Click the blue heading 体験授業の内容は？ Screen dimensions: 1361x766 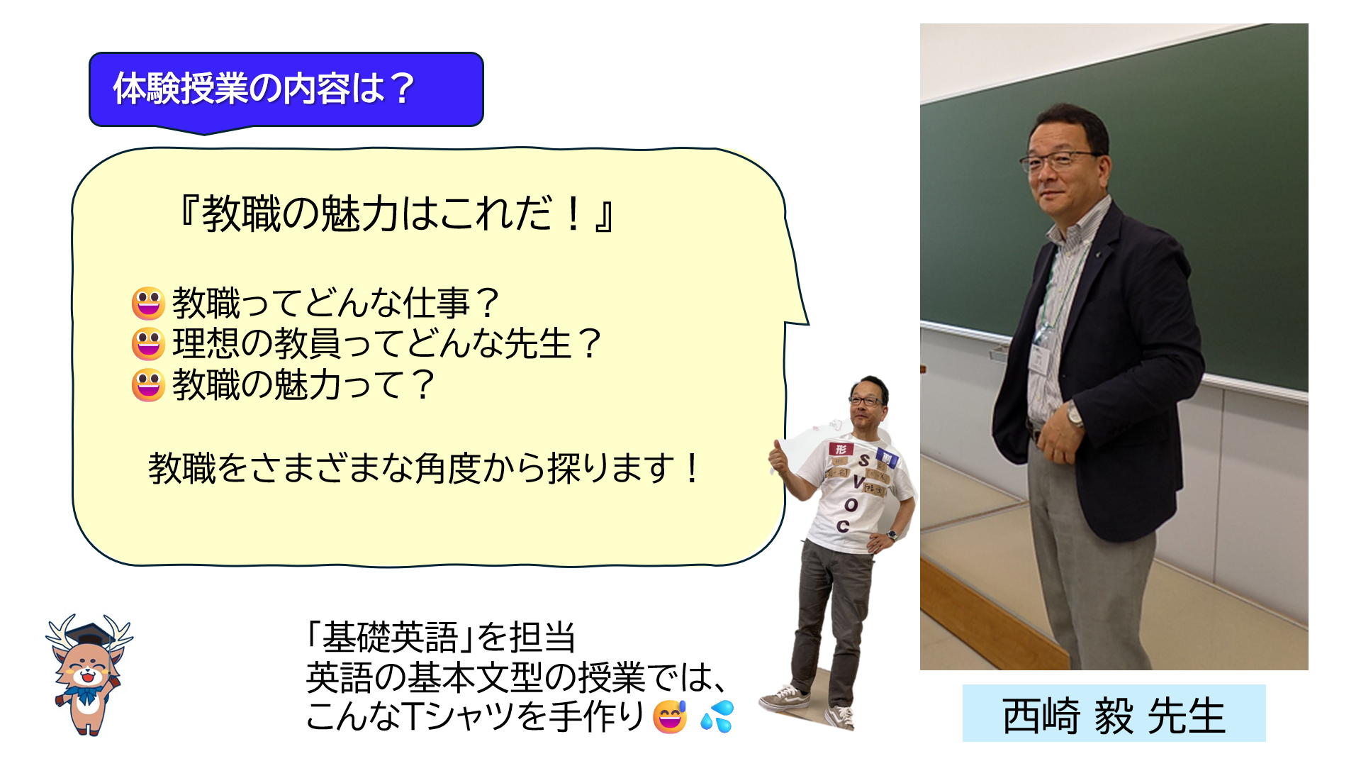tap(264, 89)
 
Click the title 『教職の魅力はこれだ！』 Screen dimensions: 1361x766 tap(397, 213)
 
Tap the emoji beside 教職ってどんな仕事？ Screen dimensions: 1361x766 tap(148, 303)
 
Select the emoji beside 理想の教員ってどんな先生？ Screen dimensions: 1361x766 tap(148, 344)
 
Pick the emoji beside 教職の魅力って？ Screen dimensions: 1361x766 tap(148, 385)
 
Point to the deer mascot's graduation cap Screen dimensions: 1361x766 tap(89, 633)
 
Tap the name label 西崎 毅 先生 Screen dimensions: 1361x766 tap(1114, 715)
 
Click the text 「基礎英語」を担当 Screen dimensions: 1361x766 tap(440, 636)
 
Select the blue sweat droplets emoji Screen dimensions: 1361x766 tap(717, 716)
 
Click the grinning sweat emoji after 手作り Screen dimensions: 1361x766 tap(670, 716)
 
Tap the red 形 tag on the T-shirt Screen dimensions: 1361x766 tap(840, 448)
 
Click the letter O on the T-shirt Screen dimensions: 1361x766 tap(851, 505)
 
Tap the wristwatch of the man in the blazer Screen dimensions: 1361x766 tap(1075, 414)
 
